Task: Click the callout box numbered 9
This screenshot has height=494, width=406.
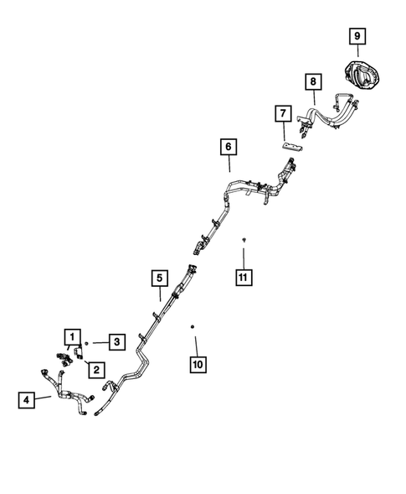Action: point(357,36)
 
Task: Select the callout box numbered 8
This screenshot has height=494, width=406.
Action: point(313,81)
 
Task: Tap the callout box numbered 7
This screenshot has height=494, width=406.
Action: point(283,113)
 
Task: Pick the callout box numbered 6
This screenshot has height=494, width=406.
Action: point(229,147)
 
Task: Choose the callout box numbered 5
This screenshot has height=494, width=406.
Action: point(160,278)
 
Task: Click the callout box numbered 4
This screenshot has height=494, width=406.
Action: point(27,400)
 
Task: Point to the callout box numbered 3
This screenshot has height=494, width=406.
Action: point(117,342)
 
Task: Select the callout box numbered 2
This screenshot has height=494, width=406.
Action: point(96,370)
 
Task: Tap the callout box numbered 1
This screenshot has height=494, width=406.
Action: point(73,337)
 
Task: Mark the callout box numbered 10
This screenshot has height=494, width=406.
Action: point(198,365)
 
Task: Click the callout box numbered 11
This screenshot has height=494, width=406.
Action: point(244,278)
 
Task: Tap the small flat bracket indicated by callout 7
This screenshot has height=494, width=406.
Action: point(292,147)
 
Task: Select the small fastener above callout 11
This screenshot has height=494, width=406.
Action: point(244,240)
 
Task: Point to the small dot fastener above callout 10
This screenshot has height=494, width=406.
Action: point(193,327)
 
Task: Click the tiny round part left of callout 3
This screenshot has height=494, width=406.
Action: point(86,343)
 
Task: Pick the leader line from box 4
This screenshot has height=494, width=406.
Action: point(43,398)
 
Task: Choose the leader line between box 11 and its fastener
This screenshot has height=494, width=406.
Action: point(244,258)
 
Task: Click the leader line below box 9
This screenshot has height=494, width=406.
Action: point(358,50)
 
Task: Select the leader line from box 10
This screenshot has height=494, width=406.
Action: point(197,346)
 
